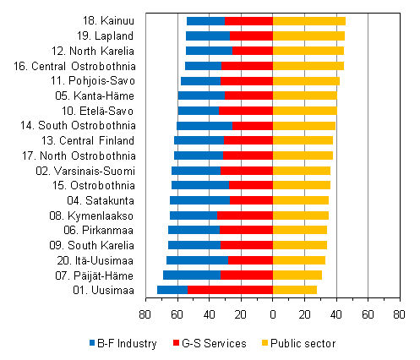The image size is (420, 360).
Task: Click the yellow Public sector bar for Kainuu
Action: pyautogui.click(x=309, y=20)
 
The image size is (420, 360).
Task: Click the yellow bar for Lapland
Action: pyautogui.click(x=308, y=35)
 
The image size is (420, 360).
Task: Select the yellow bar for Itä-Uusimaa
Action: pyautogui.click(x=299, y=260)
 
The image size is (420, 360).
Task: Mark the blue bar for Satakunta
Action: pyautogui.click(x=199, y=200)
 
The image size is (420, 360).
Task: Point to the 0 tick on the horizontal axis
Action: pyautogui.click(x=273, y=314)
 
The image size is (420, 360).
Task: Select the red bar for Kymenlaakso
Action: pyautogui.click(x=245, y=215)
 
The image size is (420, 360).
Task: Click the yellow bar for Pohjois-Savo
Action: pyautogui.click(x=306, y=80)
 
